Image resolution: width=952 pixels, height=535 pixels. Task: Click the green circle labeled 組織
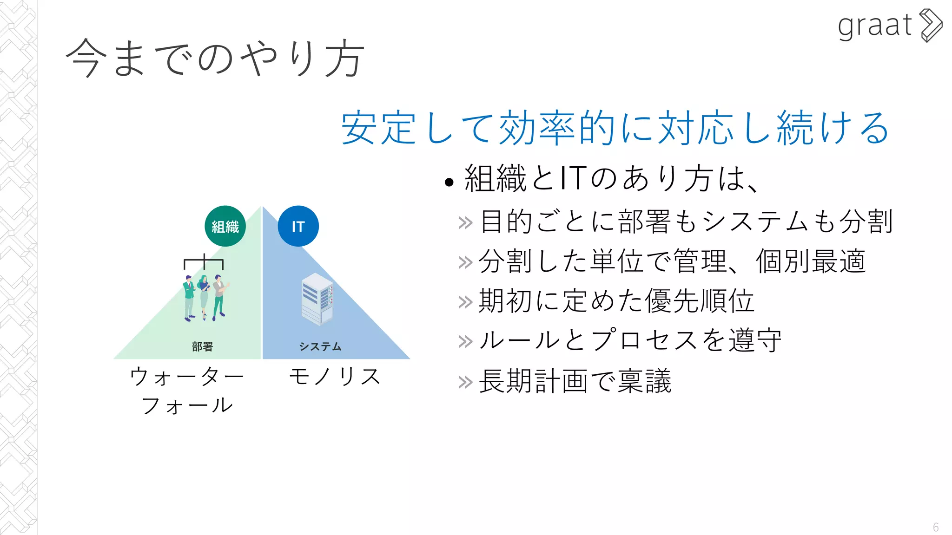(225, 226)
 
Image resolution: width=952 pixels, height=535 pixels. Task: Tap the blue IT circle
(298, 226)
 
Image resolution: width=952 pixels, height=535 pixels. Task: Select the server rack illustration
(317, 299)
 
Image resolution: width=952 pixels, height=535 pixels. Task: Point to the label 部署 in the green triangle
(202, 346)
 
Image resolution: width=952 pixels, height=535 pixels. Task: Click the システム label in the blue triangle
(320, 346)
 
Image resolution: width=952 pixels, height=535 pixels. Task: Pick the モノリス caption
(335, 376)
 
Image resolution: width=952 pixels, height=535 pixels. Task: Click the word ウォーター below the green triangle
(187, 376)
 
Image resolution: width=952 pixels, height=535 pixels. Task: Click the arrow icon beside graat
(931, 26)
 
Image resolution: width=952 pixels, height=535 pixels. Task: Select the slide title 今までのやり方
(215, 58)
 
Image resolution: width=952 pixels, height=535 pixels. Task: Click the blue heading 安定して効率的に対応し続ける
(615, 128)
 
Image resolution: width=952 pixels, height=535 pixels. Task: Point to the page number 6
(935, 528)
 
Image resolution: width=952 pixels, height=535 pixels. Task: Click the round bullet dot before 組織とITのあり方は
(449, 182)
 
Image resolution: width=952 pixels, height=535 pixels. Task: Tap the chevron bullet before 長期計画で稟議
(465, 383)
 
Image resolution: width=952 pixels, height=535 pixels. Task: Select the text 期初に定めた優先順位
(616, 301)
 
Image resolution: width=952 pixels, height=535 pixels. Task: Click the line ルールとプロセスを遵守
(630, 341)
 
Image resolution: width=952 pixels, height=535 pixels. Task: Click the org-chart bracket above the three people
(204, 262)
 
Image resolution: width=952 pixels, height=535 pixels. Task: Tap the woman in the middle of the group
(204, 297)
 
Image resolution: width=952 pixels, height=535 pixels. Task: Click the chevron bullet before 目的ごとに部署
(465, 223)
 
